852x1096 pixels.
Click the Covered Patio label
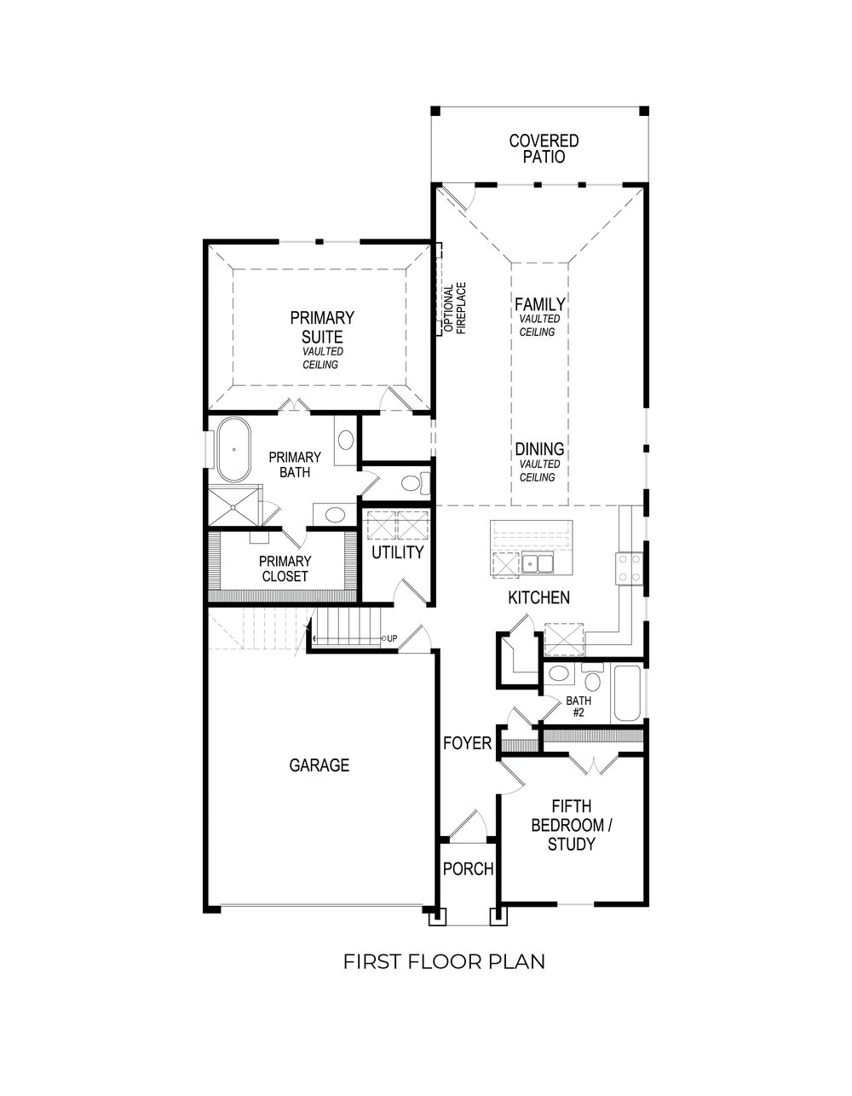point(544,148)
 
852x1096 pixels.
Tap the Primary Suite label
point(322,326)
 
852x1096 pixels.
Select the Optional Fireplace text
point(454,309)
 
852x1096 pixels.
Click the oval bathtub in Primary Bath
point(233,449)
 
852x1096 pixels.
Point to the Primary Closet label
point(285,568)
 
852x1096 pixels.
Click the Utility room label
point(397,552)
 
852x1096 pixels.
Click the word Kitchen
point(538,597)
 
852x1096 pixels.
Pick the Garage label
point(319,765)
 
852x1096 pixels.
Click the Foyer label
point(467,743)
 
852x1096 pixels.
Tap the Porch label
point(468,869)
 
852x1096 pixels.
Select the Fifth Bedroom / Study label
point(571,825)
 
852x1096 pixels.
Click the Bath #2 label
point(578,707)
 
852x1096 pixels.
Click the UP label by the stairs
point(391,637)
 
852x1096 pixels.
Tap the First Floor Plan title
point(444,961)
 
